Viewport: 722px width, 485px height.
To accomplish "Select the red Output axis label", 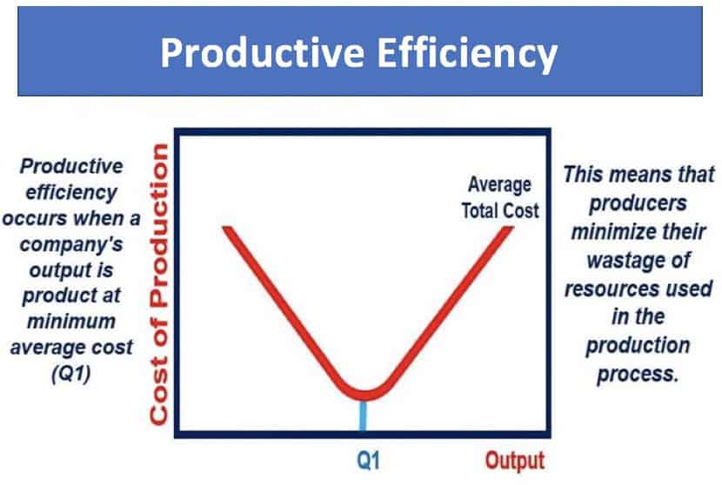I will [x=514, y=461].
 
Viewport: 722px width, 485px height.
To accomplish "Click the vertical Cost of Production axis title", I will [x=158, y=284].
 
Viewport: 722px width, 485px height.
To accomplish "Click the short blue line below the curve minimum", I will [x=362, y=416].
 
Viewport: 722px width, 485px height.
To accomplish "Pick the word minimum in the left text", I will [x=76, y=322].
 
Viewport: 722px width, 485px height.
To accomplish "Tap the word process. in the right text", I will [x=638, y=375].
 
